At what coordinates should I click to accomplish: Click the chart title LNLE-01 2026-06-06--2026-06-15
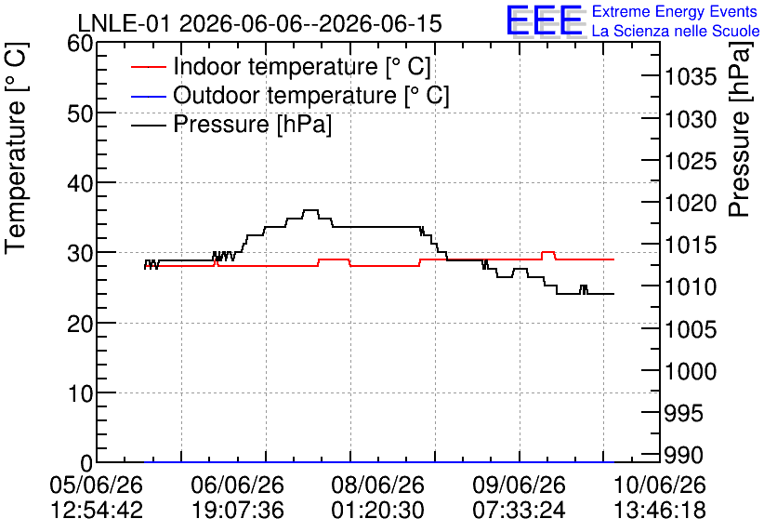click(x=259, y=23)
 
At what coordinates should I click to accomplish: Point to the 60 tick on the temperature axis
click(x=80, y=44)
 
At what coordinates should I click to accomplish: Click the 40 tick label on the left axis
click(x=80, y=183)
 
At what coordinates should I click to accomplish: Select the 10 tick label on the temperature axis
click(x=80, y=393)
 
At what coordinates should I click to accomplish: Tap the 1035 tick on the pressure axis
click(x=691, y=77)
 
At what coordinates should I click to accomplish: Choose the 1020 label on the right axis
click(x=691, y=203)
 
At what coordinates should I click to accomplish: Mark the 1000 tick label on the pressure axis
click(x=691, y=371)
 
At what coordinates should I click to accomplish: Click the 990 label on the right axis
click(x=683, y=455)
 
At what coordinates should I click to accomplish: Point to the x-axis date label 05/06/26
click(x=96, y=485)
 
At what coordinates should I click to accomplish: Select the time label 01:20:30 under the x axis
click(x=378, y=511)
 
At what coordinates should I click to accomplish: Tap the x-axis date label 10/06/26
click(x=660, y=485)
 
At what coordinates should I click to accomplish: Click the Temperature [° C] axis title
click(x=16, y=148)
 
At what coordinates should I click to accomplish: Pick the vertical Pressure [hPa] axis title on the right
click(x=740, y=129)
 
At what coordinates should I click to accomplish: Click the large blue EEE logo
click(x=544, y=20)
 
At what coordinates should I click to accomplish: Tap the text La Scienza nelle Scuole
click(x=676, y=32)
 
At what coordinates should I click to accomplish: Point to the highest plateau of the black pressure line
click(x=310, y=210)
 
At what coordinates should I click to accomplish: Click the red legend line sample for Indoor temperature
click(x=148, y=67)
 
